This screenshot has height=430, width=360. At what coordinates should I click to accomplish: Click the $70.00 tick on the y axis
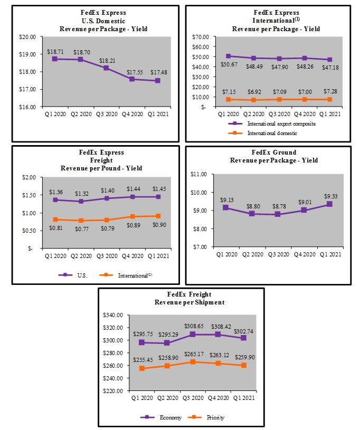point(201,37)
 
